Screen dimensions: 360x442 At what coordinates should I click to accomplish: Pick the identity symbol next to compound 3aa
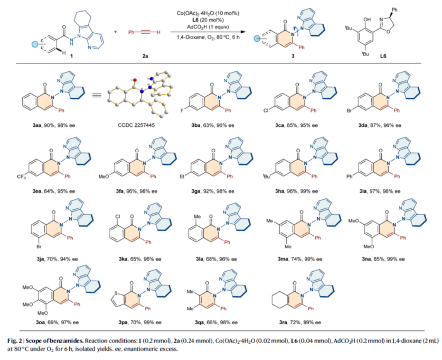[96, 96]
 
